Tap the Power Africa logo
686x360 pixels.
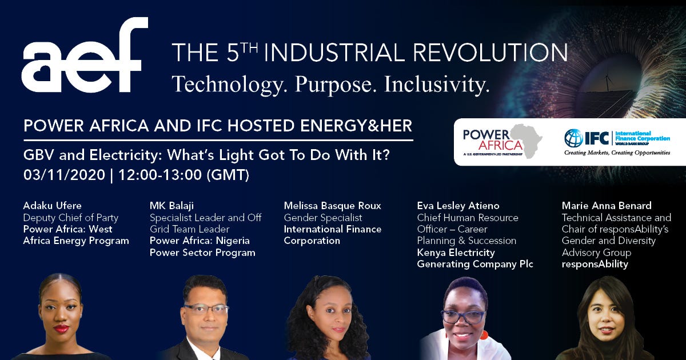click(502, 141)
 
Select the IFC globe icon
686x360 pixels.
click(573, 138)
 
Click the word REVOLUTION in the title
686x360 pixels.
click(490, 53)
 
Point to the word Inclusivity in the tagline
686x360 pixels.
click(437, 84)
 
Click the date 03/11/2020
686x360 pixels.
click(64, 175)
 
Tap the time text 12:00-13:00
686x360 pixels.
click(160, 175)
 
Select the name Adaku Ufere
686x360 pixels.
click(53, 205)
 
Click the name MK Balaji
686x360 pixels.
click(171, 206)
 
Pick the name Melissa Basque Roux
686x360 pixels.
click(332, 206)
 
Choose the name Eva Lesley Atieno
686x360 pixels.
click(458, 206)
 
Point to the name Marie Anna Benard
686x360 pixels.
click(607, 206)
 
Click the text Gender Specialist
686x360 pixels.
click(323, 218)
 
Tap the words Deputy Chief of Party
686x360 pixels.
click(71, 218)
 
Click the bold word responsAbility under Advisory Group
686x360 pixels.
click(595, 264)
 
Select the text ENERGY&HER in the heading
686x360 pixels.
click(356, 126)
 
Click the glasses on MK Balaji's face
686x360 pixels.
click(206, 309)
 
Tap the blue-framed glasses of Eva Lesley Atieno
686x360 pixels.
click(462, 317)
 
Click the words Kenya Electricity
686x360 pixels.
click(456, 253)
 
